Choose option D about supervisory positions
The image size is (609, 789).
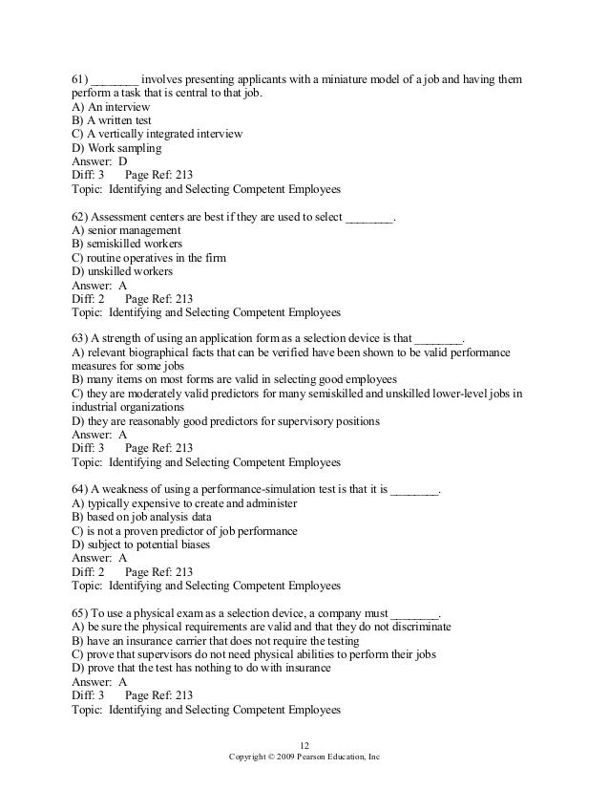225,420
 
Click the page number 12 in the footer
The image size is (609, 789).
305,745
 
